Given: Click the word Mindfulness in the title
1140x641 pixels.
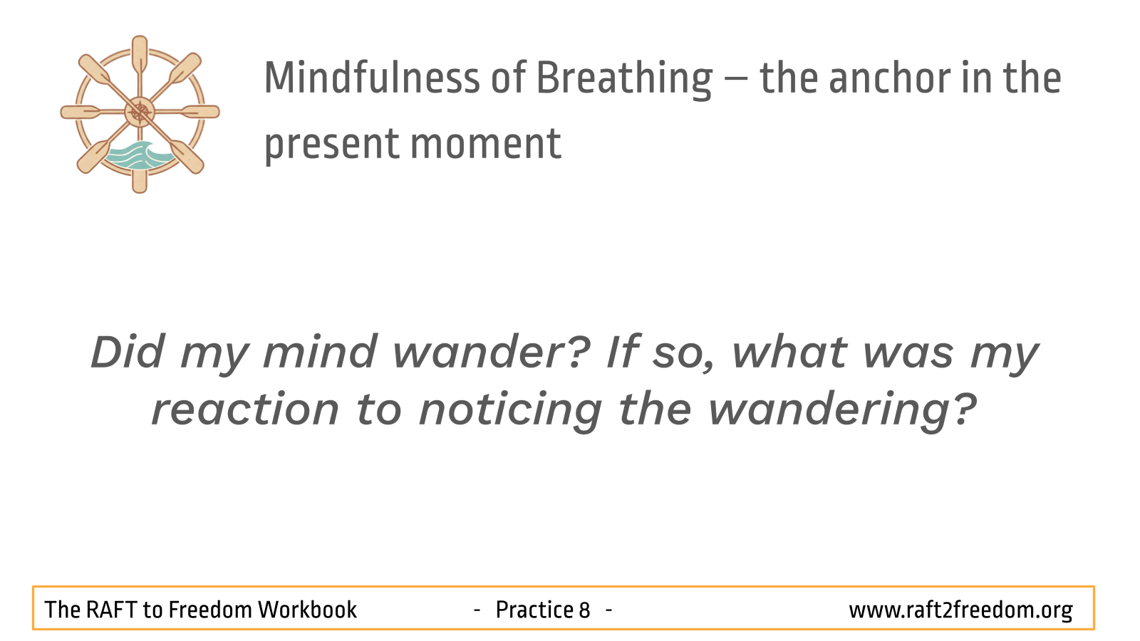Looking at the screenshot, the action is click(372, 78).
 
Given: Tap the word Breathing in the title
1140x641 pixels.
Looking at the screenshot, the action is click(624, 80).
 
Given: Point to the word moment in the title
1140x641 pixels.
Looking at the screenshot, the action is click(485, 145).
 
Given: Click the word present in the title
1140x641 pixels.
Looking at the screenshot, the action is click(331, 146).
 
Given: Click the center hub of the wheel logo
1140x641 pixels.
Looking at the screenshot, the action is click(140, 112).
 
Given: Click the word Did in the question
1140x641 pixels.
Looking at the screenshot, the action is click(128, 352).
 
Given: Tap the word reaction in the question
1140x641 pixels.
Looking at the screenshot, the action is click(245, 410).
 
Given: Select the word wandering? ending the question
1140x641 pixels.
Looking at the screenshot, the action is click(842, 412).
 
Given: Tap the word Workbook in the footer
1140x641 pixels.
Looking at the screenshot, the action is click(307, 610).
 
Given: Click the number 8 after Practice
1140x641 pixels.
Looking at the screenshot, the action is click(584, 610).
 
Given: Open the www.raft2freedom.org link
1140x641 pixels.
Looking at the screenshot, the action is click(961, 610).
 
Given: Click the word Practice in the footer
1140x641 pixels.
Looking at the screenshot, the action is click(535, 610).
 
